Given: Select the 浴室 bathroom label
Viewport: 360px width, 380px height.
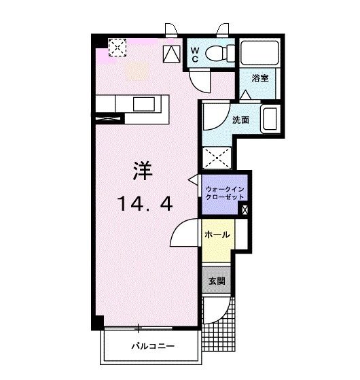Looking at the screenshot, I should [259, 77].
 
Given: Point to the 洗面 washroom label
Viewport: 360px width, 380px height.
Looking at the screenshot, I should [240, 120].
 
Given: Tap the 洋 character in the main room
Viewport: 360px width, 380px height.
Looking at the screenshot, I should [142, 170].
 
